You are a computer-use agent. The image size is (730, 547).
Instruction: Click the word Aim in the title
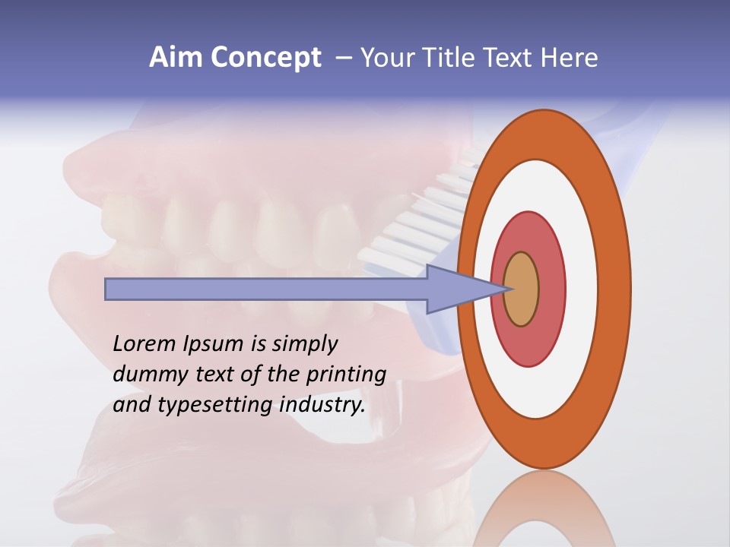click(176, 58)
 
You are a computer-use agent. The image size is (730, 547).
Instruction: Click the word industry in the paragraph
click(322, 406)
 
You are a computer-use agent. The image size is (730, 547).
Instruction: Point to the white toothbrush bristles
click(426, 220)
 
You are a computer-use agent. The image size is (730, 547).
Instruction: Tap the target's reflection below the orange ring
click(544, 509)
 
